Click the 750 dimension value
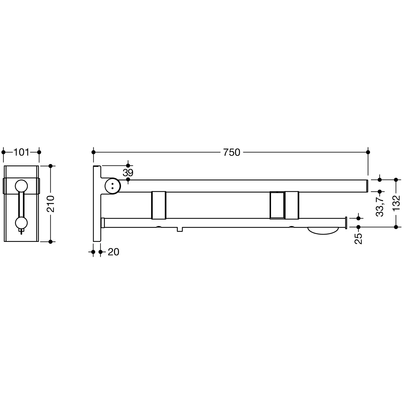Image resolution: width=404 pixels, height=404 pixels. pyautogui.click(x=232, y=152)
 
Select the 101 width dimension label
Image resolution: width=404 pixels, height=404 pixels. pyautogui.click(x=21, y=152)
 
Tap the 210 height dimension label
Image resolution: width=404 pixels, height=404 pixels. pyautogui.click(x=51, y=204)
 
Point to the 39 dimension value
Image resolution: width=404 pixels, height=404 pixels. pyautogui.click(x=128, y=172)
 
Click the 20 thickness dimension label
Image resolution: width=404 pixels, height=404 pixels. pyautogui.click(x=113, y=252)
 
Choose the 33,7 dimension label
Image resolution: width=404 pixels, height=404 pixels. pyautogui.click(x=380, y=207)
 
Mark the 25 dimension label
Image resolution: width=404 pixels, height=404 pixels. pyautogui.click(x=358, y=238)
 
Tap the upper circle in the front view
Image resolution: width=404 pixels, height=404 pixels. pyautogui.click(x=21, y=186)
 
